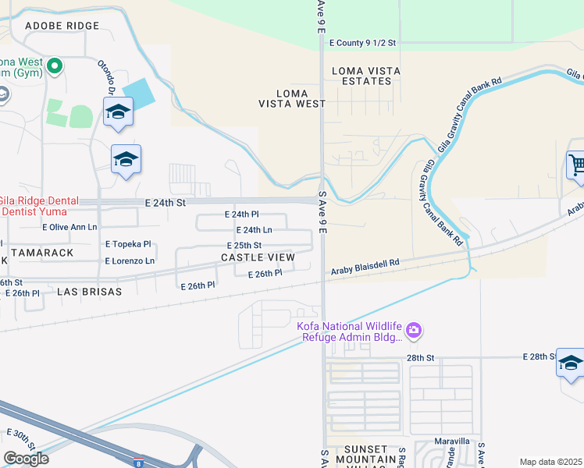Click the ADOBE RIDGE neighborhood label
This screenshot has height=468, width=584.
click(x=62, y=26)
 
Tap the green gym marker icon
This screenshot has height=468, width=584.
click(x=54, y=66)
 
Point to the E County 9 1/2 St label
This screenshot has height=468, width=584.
click(x=363, y=44)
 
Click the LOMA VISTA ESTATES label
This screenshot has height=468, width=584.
click(x=366, y=76)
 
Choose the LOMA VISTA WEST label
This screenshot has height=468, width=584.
click(x=292, y=98)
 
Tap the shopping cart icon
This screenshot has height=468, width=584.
click(x=576, y=165)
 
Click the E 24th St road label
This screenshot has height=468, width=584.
click(x=164, y=202)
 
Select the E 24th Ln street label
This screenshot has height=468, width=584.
click(x=254, y=230)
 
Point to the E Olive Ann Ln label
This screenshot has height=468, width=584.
click(x=69, y=228)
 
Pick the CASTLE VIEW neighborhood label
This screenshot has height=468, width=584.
click(x=258, y=257)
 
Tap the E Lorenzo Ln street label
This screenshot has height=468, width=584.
click(x=130, y=261)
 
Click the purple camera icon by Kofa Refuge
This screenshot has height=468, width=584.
click(x=413, y=331)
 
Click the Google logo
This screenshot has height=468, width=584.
click(x=26, y=459)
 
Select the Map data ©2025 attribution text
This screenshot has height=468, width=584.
click(x=551, y=462)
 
